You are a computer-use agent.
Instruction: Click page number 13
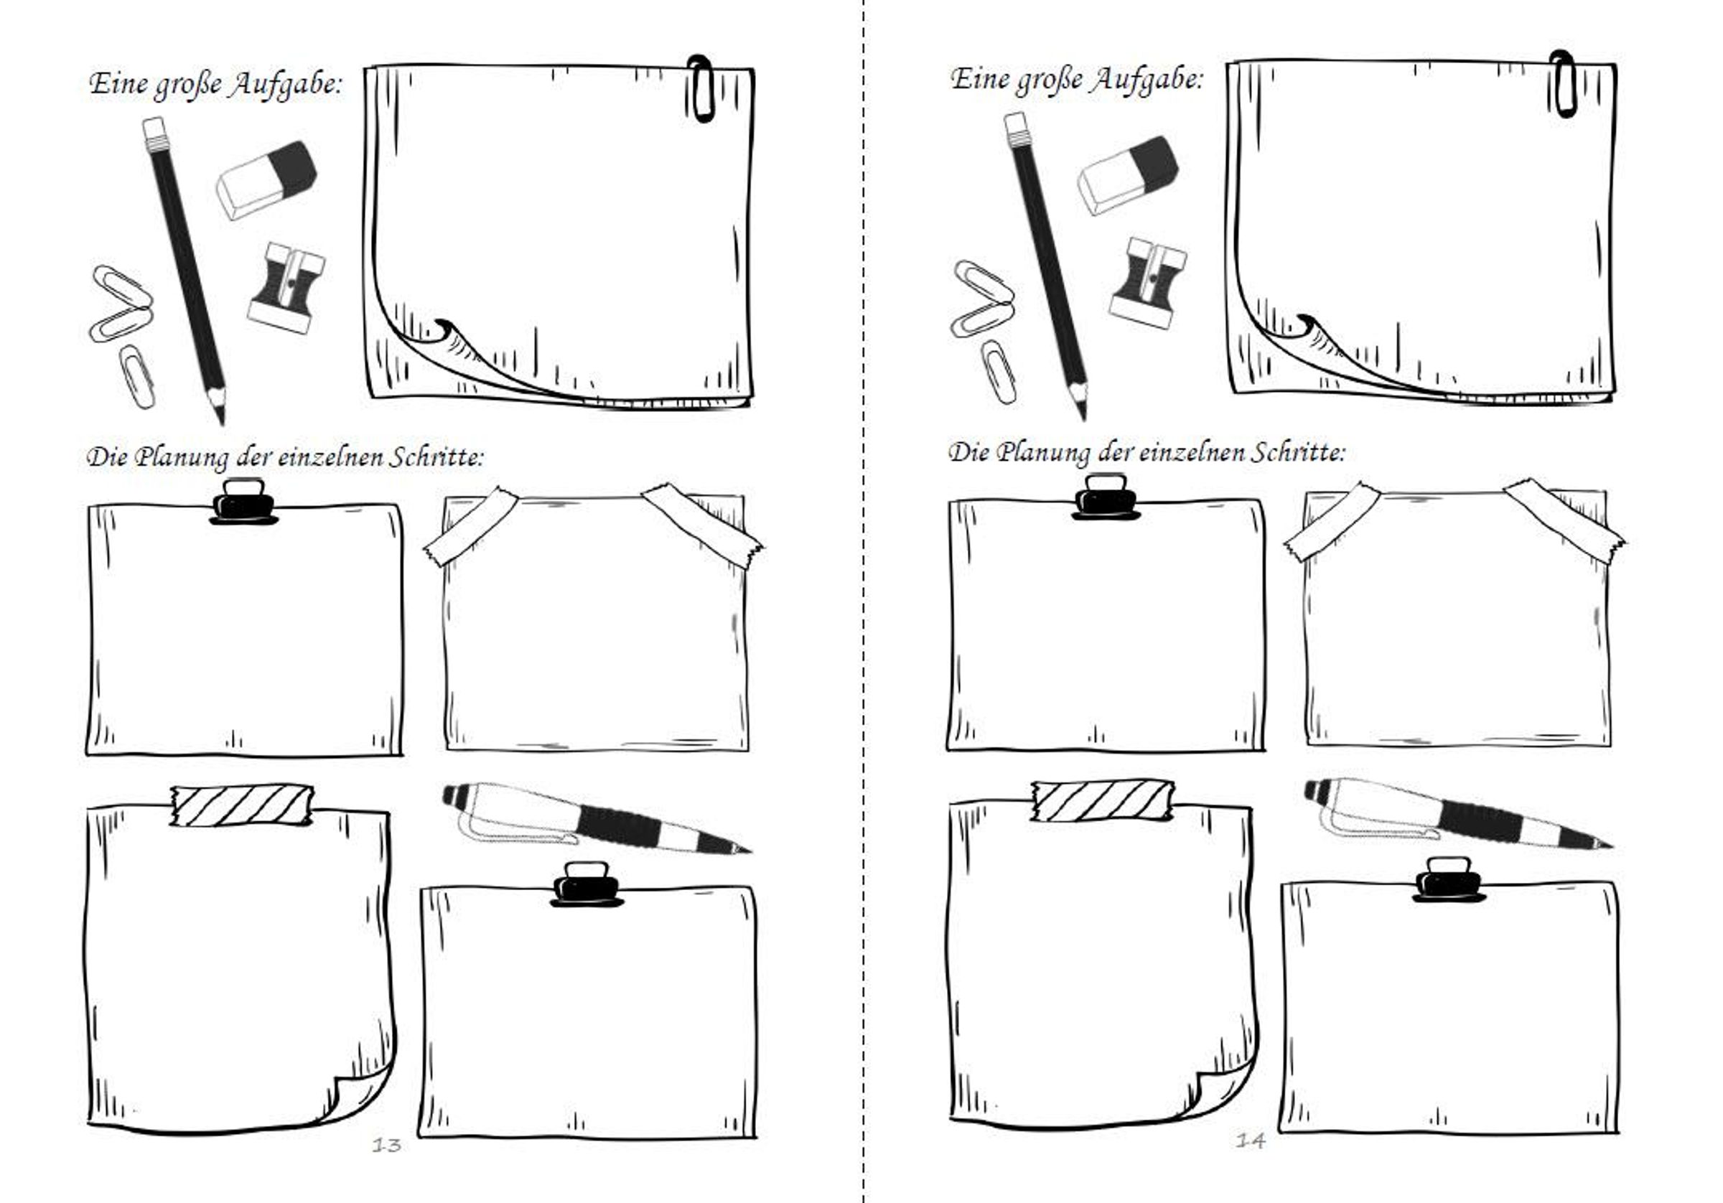click(387, 1144)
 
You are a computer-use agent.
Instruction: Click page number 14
click(1250, 1141)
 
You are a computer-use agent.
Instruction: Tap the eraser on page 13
click(266, 179)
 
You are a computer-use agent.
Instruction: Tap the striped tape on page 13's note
click(242, 806)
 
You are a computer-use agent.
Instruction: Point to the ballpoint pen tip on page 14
click(1610, 846)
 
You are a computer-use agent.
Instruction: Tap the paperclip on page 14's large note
click(1562, 83)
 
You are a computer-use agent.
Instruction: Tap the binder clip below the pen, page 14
click(1448, 879)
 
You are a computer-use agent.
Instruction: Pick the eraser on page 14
click(1128, 175)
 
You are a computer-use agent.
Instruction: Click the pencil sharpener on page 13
click(286, 286)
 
